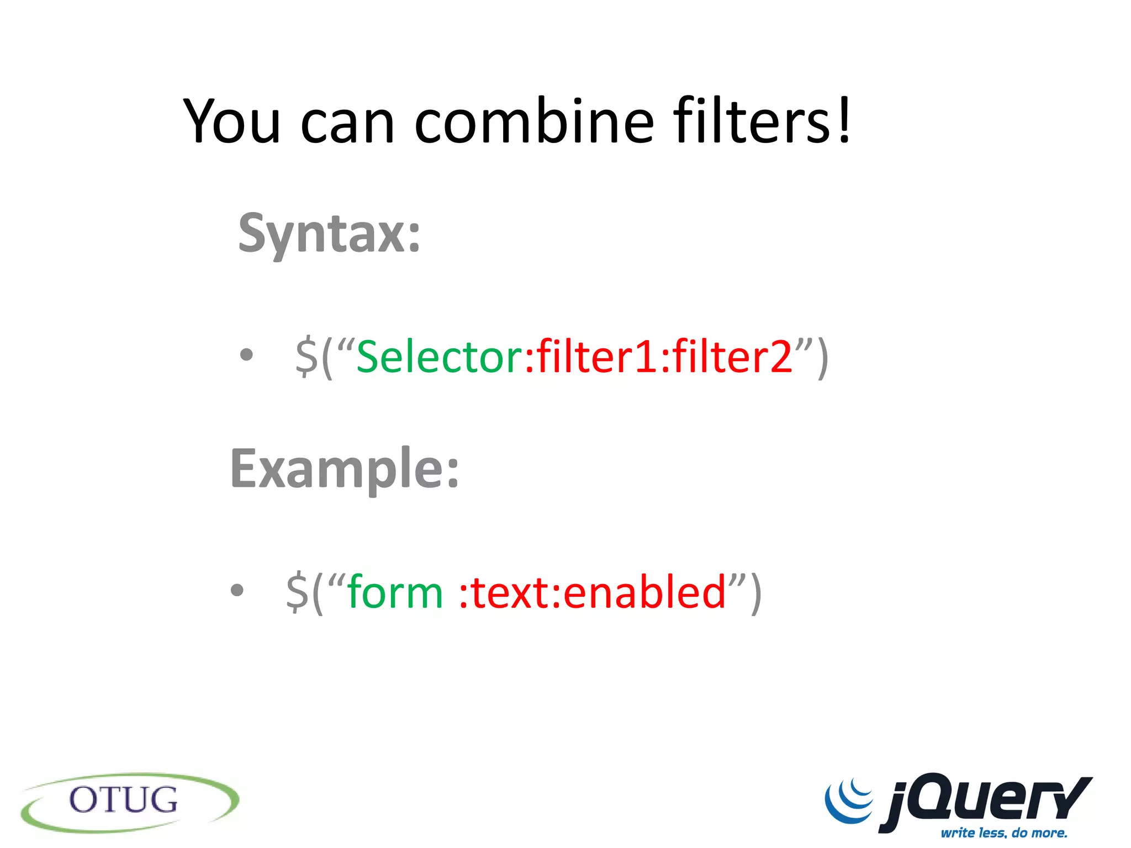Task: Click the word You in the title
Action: (232, 121)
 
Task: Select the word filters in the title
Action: (751, 121)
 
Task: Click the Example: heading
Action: (345, 469)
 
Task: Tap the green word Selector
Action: (439, 357)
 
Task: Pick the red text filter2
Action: (732, 357)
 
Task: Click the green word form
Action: (395, 592)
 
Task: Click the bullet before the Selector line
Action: (246, 355)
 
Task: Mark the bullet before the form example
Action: (237, 590)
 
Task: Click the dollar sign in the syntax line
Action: (306, 357)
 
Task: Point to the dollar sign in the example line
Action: (297, 592)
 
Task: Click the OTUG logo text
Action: (124, 800)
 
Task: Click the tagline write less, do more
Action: (1004, 833)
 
